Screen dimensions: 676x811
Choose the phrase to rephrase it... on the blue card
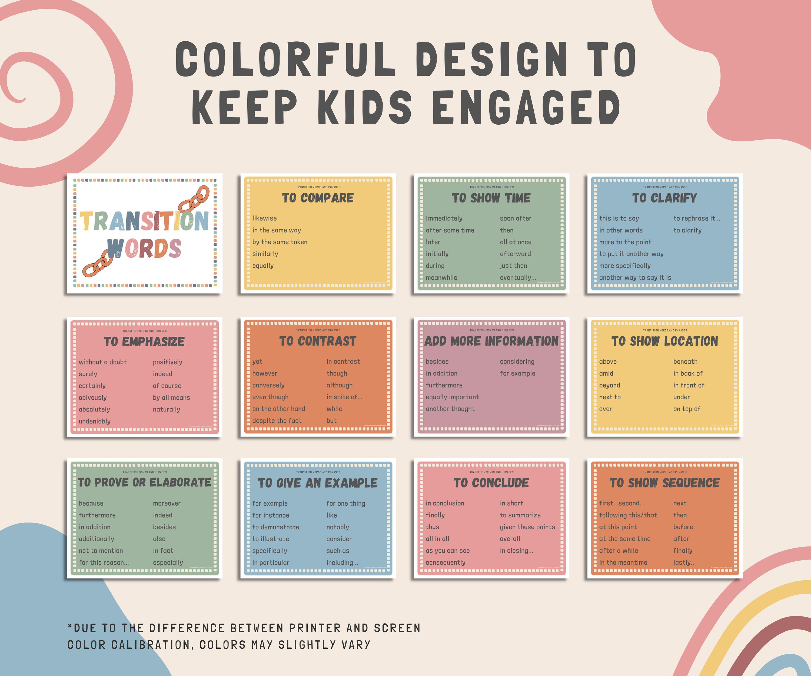[x=696, y=218]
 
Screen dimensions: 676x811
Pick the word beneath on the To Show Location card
[x=685, y=362]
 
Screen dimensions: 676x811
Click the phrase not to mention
[x=101, y=551]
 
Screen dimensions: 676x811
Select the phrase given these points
[x=527, y=527]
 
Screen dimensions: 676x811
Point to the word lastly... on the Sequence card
[x=684, y=562]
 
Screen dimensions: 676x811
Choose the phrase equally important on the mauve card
[x=452, y=397]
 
